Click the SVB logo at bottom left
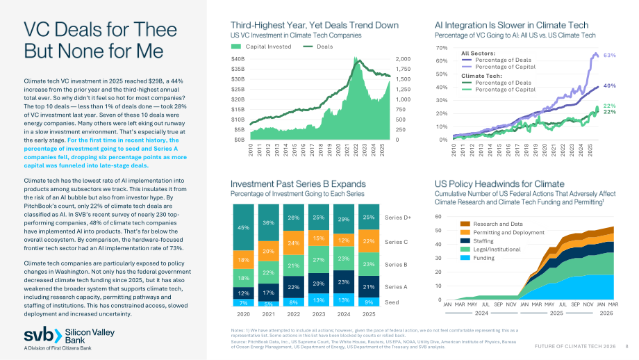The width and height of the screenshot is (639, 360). click(69, 338)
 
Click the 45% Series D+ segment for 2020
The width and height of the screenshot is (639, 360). click(243, 227)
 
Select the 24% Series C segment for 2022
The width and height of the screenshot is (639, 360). click(293, 243)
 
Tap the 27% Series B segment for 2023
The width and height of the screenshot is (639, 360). click(319, 259)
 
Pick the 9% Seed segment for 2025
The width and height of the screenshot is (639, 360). click(369, 302)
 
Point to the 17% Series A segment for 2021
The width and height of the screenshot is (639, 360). click(269, 293)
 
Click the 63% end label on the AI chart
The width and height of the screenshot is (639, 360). click(610, 55)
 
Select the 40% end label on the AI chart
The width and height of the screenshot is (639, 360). click(610, 85)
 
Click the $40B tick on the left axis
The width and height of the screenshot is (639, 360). click(238, 58)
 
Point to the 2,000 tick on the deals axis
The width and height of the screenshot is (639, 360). click(403, 58)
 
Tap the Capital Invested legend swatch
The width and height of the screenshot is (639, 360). click(236, 47)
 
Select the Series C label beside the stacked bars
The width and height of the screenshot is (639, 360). click(396, 242)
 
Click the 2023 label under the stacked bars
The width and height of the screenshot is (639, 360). click(319, 314)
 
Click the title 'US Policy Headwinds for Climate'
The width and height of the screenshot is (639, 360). click(499, 184)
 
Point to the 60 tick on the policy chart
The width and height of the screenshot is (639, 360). click(438, 217)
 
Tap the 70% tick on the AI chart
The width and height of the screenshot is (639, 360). click(442, 48)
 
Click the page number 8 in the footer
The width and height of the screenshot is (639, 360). click(626, 346)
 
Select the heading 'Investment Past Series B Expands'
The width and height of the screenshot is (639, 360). click(298, 184)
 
